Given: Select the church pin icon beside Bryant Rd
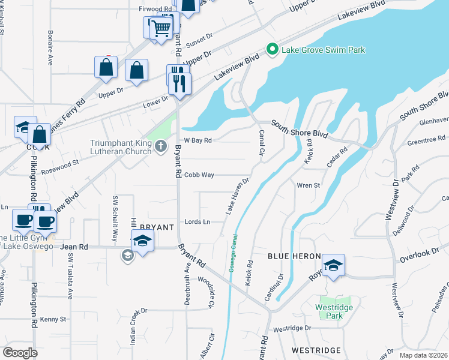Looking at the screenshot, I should point(160,146).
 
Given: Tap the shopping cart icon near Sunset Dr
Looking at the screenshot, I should point(161,28).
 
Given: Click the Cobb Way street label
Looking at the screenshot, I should point(199,175).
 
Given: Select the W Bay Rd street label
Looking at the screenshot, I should point(198,140).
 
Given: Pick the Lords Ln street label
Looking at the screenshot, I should point(197,222).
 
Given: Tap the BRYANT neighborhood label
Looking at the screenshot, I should point(157,227).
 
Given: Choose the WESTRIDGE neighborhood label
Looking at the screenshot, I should point(316,350).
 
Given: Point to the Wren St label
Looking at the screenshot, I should point(309,185).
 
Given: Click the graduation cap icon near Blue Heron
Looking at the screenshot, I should point(333,265).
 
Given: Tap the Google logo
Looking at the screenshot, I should point(20,353).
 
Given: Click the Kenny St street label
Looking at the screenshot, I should point(53,319).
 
